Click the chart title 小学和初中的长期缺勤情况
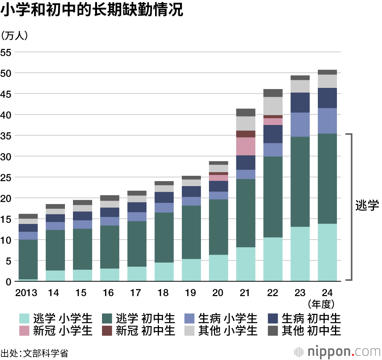click(92, 11)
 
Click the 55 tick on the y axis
click(6, 52)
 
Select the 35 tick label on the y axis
click(6, 136)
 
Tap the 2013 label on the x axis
click(26, 293)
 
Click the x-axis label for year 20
click(218, 293)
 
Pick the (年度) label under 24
click(322, 304)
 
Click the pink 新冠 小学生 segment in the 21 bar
click(246, 146)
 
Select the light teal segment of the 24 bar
click(327, 252)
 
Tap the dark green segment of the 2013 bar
click(28, 259)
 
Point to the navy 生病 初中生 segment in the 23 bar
click(300, 102)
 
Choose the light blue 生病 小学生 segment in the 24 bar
click(327, 120)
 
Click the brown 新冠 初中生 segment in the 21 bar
click(246, 134)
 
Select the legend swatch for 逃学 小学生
click(24, 318)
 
